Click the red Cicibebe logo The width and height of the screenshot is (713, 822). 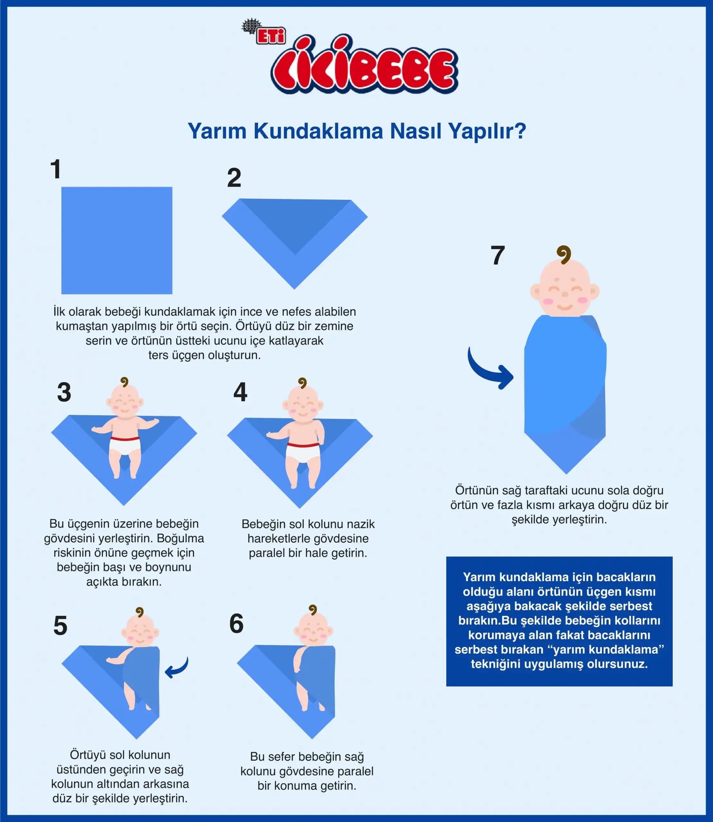[364, 66]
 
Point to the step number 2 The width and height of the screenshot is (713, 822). [234, 178]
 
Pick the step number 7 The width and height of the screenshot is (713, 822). [497, 255]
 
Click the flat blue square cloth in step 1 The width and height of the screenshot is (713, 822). [117, 240]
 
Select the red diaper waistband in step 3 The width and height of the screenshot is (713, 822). [125, 439]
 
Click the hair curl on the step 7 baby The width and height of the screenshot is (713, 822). [564, 255]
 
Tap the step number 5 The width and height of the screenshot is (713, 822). [60, 626]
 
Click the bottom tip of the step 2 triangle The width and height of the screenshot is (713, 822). [294, 289]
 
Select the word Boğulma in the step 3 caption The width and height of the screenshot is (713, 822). [180, 538]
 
